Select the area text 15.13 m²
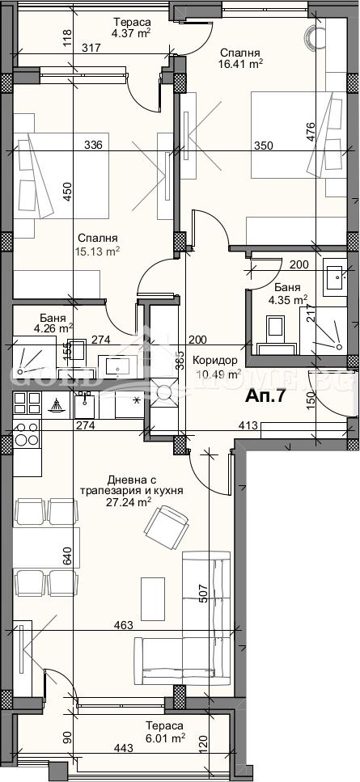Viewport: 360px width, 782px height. [x=99, y=251]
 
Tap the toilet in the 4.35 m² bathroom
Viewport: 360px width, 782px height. [x=274, y=329]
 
